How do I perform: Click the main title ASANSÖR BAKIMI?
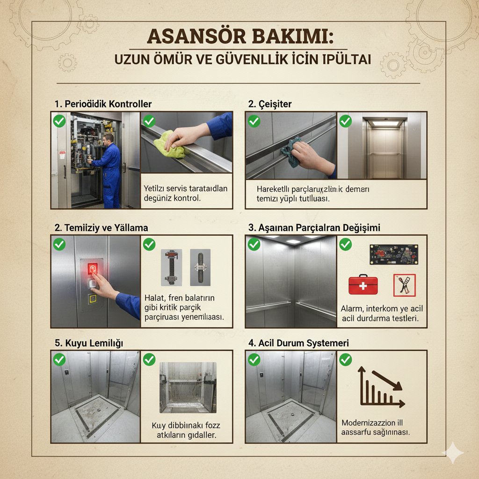click(x=239, y=36)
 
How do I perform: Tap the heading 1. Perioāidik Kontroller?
click(x=103, y=104)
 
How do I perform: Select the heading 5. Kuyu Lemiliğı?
click(x=88, y=343)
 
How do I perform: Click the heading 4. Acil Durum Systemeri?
click(x=298, y=343)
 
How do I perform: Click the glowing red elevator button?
click(x=93, y=269)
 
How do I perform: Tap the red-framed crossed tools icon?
click(x=404, y=285)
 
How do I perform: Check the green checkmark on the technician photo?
click(x=59, y=121)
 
